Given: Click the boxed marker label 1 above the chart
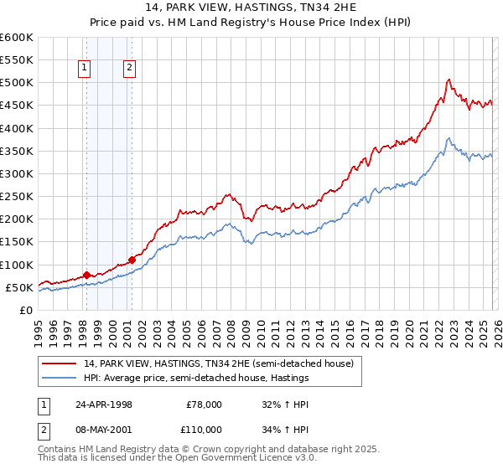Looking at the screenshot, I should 86,70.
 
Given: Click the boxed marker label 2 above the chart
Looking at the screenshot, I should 130,70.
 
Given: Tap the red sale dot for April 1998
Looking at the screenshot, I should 86,275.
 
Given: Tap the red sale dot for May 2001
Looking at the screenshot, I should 132,260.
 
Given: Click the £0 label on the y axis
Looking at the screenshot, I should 25,310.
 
